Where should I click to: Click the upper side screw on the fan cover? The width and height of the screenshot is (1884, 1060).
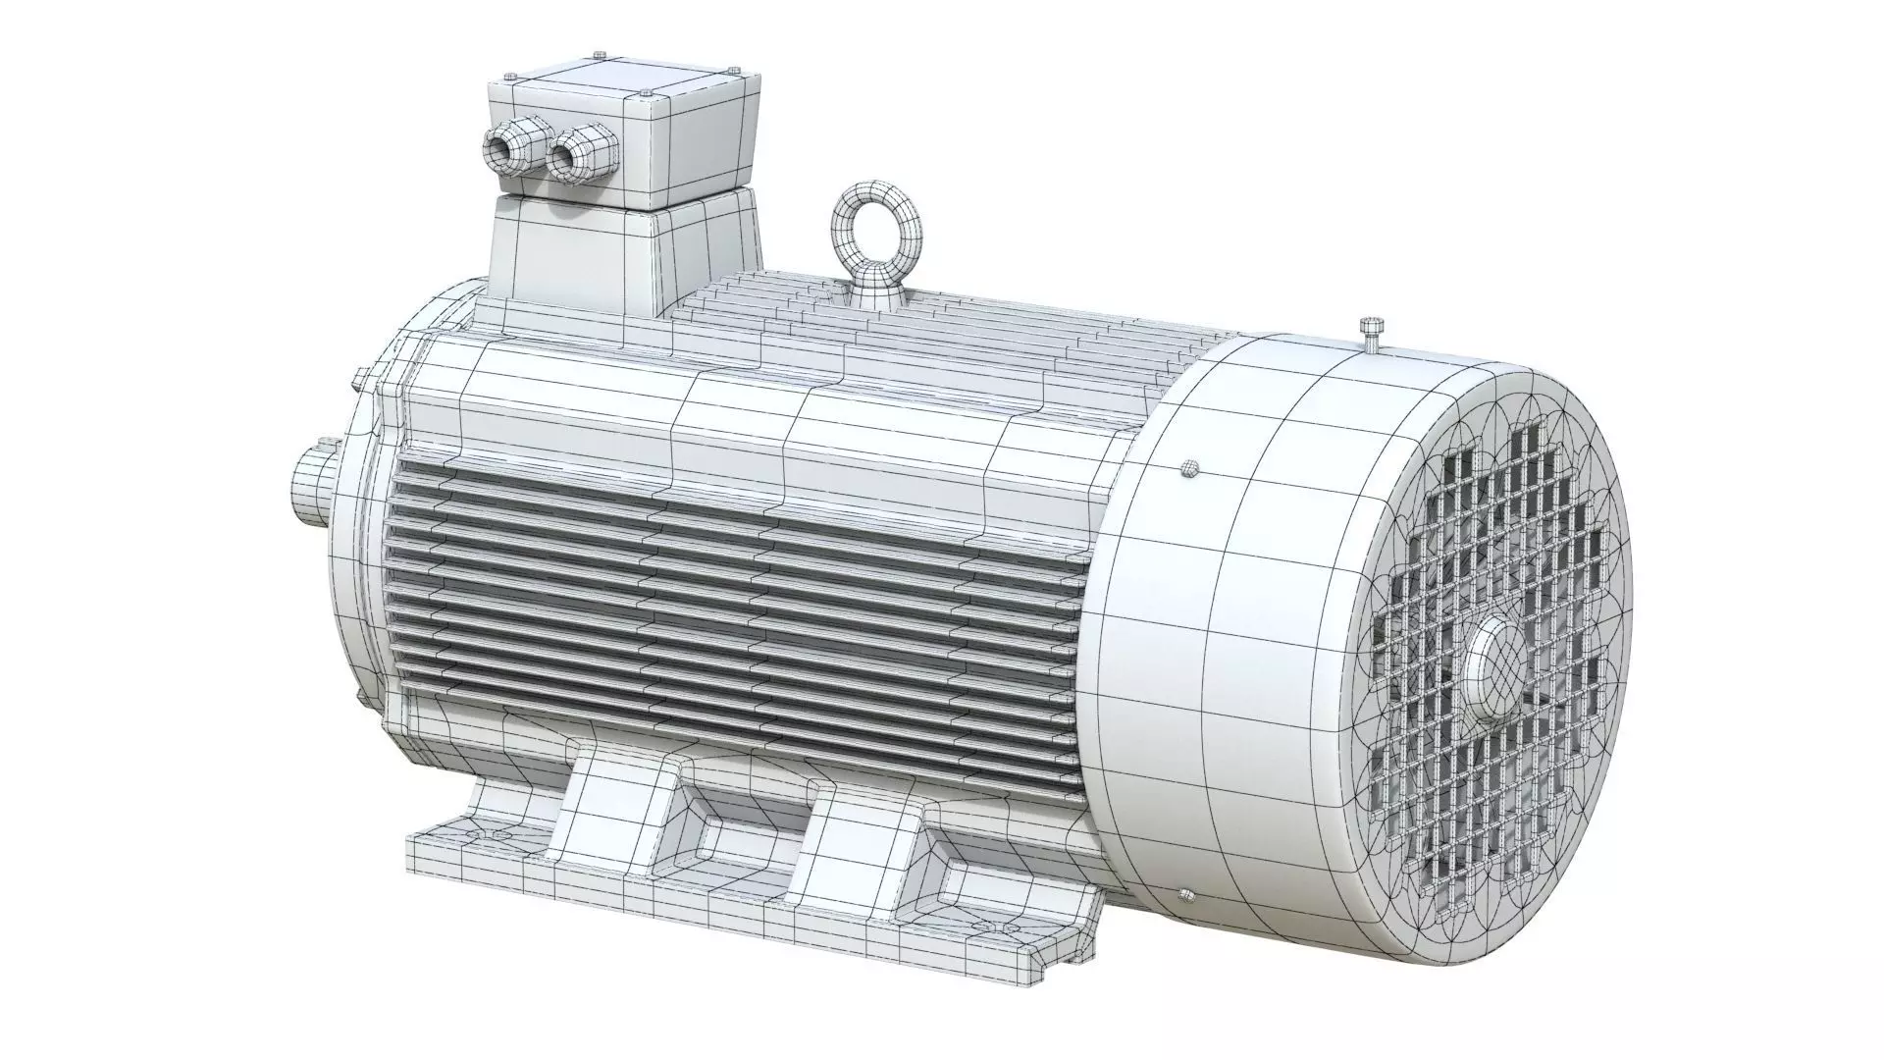pos(1190,467)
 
